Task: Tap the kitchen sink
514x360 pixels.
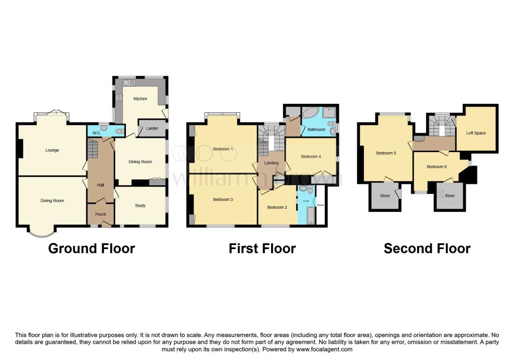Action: [125, 82]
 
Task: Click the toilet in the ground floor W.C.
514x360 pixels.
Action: [119, 132]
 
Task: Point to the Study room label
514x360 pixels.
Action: [140, 205]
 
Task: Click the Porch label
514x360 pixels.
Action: [100, 213]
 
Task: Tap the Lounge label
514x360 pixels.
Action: [52, 150]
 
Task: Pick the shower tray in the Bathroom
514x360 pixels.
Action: [329, 113]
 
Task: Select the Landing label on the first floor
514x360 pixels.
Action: [272, 163]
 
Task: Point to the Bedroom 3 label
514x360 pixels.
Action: [223, 199]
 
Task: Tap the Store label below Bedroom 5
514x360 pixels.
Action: [385, 196]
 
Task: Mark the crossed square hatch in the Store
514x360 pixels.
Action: [441, 194]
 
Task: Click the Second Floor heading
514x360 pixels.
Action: [427, 249]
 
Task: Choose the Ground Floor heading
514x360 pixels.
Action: [91, 249]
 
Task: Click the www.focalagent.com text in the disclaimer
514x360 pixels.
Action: [324, 349]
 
